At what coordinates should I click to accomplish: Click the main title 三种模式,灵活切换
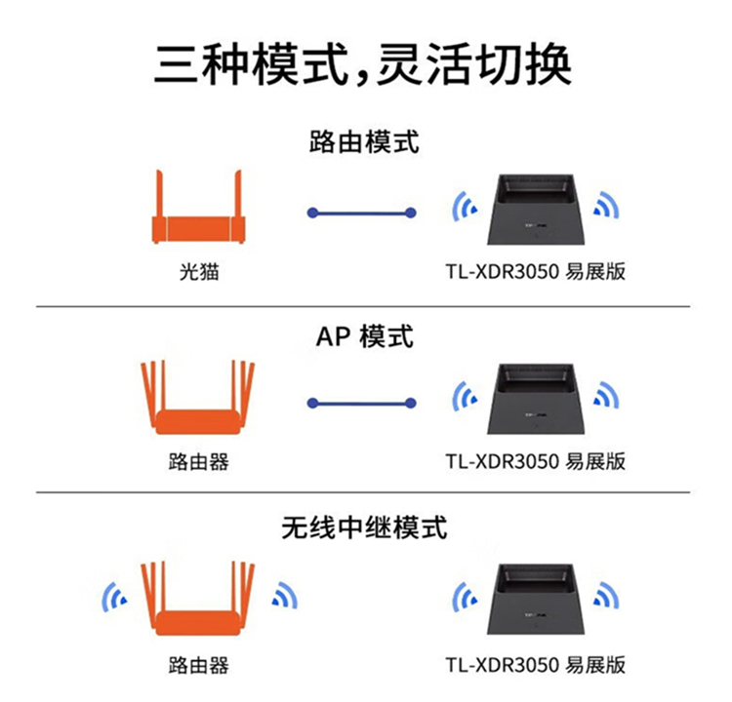(x=363, y=64)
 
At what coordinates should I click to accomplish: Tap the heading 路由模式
(x=364, y=142)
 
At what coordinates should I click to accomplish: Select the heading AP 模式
(x=364, y=336)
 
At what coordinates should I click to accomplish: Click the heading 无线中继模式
(x=364, y=527)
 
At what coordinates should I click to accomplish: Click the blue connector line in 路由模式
(x=361, y=212)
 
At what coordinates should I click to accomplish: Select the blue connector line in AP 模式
(x=361, y=402)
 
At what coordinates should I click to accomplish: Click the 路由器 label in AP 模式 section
(x=198, y=462)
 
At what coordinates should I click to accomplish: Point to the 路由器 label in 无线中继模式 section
(x=198, y=666)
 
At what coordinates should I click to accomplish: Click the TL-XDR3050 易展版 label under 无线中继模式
(x=535, y=666)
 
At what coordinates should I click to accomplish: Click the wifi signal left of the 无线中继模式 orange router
(x=115, y=597)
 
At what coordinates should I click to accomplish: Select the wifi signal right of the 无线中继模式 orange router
(x=284, y=597)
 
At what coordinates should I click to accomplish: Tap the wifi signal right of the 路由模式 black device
(x=608, y=206)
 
